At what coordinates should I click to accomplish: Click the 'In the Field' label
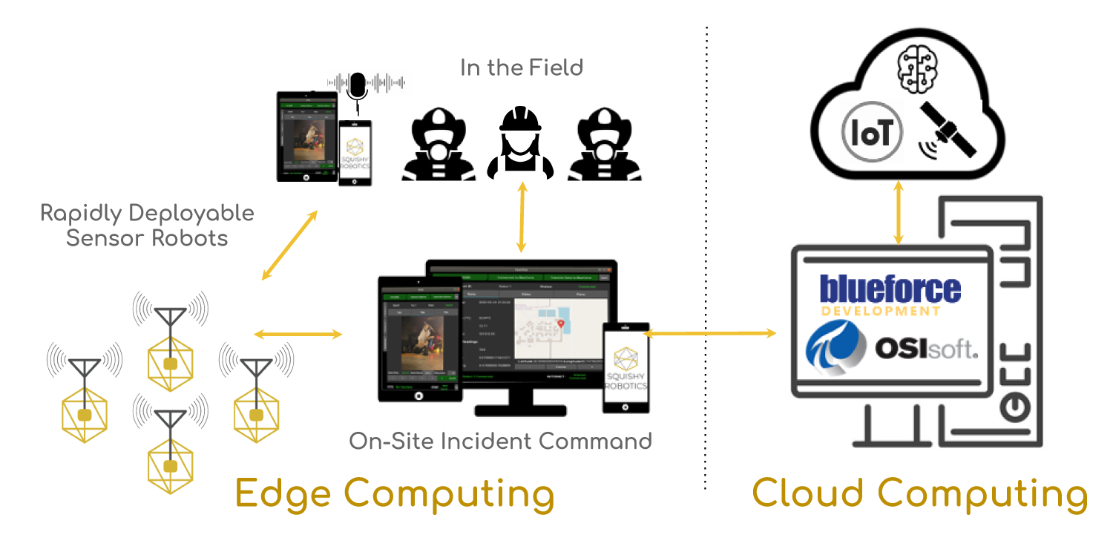point(522,68)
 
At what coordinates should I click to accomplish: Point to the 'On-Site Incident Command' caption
point(500,441)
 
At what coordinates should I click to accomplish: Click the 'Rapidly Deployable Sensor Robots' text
point(147,226)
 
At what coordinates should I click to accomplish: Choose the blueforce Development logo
point(890,295)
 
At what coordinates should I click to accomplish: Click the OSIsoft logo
point(890,349)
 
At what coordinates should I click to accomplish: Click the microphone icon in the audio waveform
point(358,85)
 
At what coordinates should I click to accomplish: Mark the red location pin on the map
point(560,324)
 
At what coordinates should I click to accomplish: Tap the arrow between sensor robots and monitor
point(298,335)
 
